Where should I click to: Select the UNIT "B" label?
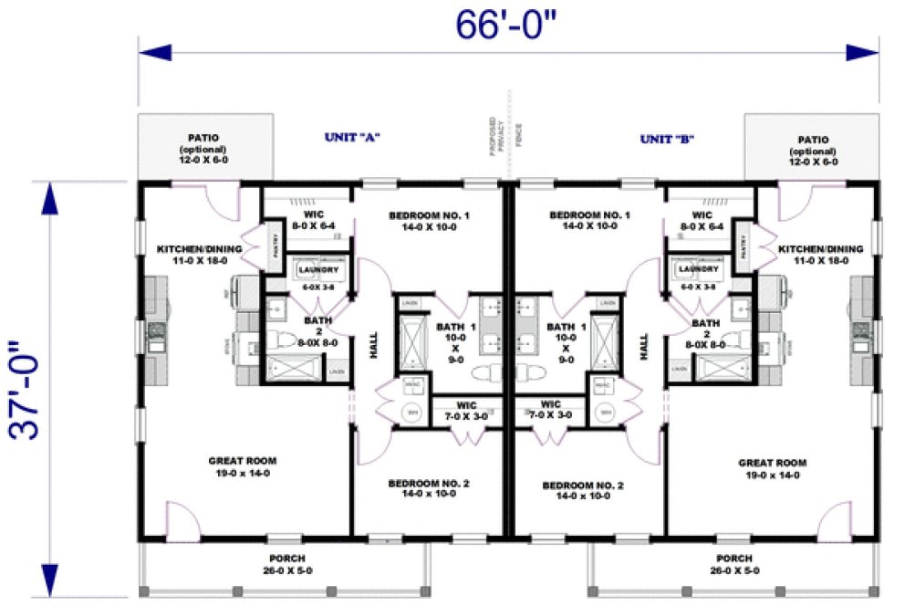[668, 140]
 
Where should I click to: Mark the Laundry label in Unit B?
[699, 269]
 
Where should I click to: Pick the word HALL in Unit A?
[373, 345]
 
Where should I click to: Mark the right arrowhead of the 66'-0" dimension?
[861, 52]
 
